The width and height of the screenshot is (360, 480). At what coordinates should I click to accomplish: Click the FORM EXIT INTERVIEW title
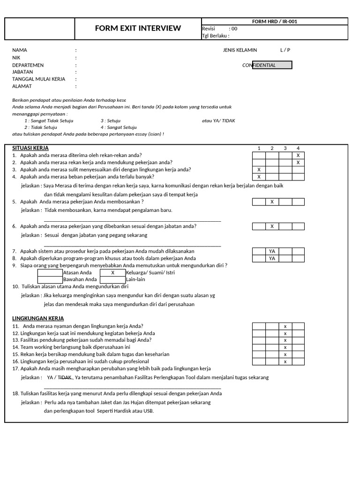[138, 28]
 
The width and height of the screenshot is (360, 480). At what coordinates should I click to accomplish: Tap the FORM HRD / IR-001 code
[274, 21]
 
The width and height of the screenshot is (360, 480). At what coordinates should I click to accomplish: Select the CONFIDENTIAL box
[272, 65]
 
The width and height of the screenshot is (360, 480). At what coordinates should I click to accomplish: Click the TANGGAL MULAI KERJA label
[39, 79]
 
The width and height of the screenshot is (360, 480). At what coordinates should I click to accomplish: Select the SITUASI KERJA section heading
[30, 148]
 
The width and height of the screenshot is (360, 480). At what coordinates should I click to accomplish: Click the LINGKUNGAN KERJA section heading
[38, 318]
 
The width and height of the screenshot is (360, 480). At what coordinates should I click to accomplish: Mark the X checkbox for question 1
[298, 155]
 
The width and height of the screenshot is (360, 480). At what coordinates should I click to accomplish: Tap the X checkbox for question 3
[259, 170]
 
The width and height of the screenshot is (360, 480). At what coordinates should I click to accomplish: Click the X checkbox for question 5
[272, 202]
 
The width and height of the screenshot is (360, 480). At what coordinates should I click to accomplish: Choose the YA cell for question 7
[272, 251]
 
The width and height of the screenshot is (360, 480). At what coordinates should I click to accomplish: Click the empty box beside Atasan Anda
[50, 272]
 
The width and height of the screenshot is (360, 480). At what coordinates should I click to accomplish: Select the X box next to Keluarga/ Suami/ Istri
[112, 272]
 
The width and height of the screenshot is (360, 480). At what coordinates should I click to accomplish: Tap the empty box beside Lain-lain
[112, 279]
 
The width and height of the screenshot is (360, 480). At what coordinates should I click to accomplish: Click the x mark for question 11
[285, 326]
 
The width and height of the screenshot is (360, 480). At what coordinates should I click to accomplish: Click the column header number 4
[298, 148]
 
